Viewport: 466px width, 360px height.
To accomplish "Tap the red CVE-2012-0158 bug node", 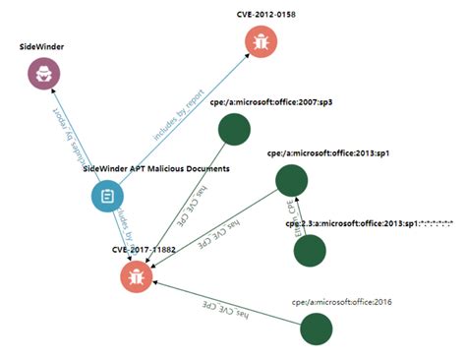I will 261,41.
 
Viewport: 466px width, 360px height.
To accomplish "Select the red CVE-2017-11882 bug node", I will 137,276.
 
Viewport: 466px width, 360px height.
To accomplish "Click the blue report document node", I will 107,196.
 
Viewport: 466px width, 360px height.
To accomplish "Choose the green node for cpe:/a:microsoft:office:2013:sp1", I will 291,180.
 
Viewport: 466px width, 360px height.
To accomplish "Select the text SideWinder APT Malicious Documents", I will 157,169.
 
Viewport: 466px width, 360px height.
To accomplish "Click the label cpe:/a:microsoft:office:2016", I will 341,302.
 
